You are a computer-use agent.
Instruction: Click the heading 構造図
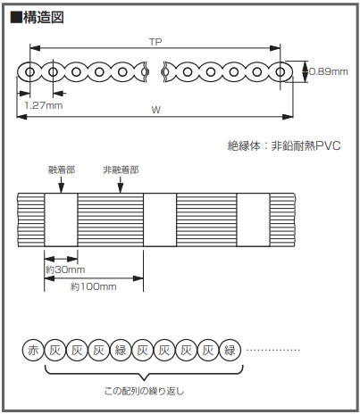click(x=43, y=18)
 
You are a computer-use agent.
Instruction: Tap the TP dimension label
click(x=155, y=42)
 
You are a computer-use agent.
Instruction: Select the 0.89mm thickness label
click(x=329, y=71)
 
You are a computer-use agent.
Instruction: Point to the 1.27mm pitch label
click(x=44, y=105)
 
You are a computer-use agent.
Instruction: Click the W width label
click(x=155, y=110)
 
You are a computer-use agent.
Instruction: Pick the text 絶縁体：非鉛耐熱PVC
click(x=284, y=145)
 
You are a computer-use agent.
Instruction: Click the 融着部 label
click(x=62, y=170)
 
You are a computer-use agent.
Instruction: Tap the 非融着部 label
click(x=121, y=170)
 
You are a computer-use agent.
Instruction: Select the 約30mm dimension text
click(x=65, y=269)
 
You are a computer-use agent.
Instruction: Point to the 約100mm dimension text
click(x=93, y=286)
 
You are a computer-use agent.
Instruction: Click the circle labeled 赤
click(x=33, y=350)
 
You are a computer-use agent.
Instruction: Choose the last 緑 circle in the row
click(x=230, y=350)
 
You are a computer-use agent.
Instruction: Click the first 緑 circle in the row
click(x=121, y=350)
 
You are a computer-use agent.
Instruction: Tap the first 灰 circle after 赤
click(x=54, y=350)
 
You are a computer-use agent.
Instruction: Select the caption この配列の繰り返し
click(x=144, y=391)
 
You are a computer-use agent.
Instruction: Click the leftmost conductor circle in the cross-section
click(x=29, y=72)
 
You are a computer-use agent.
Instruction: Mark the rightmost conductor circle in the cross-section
click(x=280, y=72)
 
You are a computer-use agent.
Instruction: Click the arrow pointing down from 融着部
click(x=61, y=185)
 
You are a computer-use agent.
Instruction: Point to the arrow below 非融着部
click(x=121, y=185)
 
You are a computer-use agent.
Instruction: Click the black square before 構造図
click(x=16, y=18)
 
